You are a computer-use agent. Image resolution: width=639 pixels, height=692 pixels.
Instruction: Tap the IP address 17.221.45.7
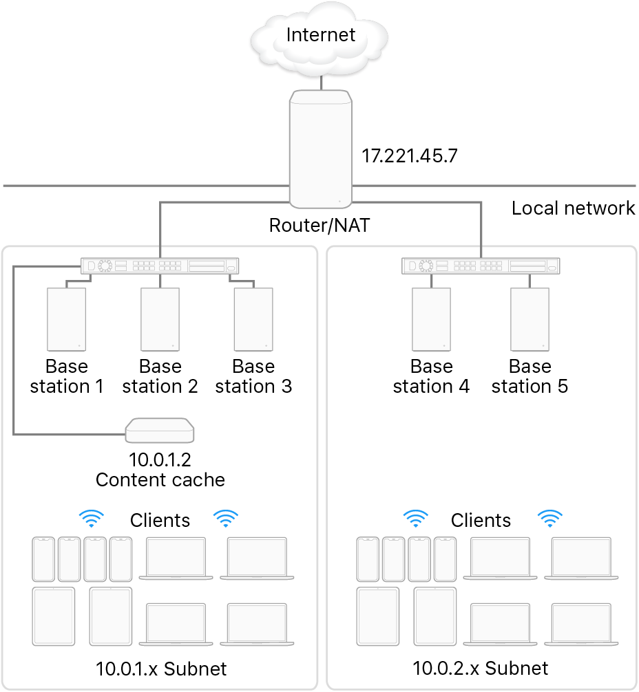(x=410, y=155)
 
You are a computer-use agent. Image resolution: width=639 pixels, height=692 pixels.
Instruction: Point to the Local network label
(x=574, y=208)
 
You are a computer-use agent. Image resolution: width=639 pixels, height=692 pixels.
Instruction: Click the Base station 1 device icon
(x=66, y=319)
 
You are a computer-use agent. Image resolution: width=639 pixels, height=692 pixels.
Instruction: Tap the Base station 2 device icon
(x=160, y=319)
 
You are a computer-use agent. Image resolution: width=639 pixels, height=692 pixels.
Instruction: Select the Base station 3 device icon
(x=253, y=319)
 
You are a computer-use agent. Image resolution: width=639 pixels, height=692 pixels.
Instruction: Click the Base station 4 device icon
(x=431, y=319)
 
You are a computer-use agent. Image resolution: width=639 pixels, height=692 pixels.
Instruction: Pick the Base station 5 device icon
(x=530, y=319)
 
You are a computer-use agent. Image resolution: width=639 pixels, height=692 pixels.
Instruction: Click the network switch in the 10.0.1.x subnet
(x=160, y=266)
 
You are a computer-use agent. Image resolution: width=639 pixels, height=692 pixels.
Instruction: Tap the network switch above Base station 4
(x=480, y=266)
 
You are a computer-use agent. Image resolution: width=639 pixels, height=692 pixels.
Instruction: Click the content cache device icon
(x=160, y=431)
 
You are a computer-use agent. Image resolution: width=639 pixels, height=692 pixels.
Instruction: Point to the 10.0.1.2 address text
(x=160, y=458)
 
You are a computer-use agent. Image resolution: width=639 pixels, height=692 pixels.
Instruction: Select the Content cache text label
(x=160, y=479)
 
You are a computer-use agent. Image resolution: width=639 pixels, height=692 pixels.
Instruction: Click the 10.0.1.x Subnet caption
(x=160, y=668)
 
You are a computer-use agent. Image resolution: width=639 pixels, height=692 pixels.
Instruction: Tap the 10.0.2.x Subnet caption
(x=481, y=667)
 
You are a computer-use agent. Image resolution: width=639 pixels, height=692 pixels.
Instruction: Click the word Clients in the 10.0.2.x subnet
(x=481, y=520)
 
